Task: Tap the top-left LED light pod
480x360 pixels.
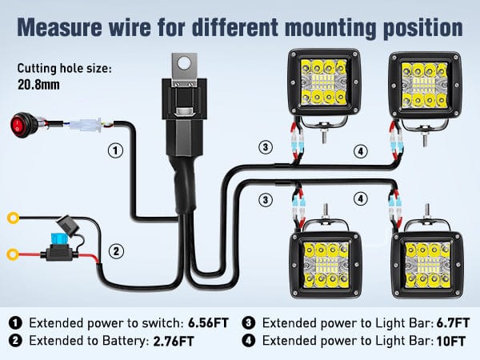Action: pos(324,85)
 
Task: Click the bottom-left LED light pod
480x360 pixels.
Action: pos(323,260)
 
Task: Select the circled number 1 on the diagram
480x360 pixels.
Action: pos(116,150)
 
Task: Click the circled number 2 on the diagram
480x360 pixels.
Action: pos(117,251)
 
